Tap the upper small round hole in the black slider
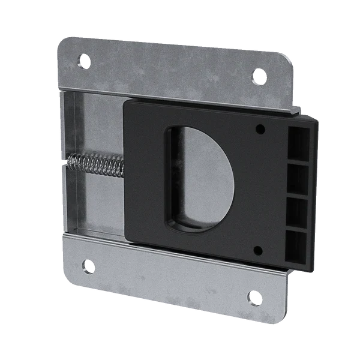point(260,128)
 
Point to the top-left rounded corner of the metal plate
point(64,43)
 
